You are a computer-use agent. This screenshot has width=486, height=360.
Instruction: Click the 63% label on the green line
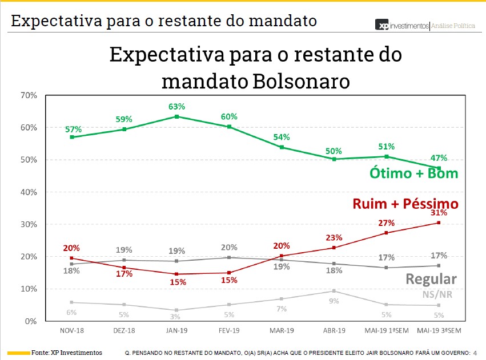click(x=176, y=107)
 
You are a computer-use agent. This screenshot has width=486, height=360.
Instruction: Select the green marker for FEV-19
click(x=229, y=127)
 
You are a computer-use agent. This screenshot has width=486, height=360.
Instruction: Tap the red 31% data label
click(x=439, y=213)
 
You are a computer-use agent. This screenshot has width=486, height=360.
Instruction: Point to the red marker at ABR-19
click(x=334, y=248)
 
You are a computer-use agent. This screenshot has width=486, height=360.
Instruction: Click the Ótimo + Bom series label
click(x=414, y=173)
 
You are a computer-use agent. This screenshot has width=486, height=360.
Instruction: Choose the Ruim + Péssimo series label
click(x=405, y=204)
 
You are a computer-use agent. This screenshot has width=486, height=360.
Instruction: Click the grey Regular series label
click(x=431, y=279)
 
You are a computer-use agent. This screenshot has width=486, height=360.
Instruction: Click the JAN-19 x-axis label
click(x=176, y=331)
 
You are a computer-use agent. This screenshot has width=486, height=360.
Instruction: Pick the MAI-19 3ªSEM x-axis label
click(x=439, y=331)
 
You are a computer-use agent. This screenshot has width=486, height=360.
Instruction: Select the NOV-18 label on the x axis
click(x=71, y=331)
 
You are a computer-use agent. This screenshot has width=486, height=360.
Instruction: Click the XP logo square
click(x=381, y=25)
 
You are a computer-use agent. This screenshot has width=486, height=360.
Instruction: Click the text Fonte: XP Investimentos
click(x=67, y=353)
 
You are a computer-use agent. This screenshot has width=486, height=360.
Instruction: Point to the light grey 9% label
click(x=334, y=301)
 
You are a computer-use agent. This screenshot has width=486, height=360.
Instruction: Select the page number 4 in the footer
click(x=475, y=353)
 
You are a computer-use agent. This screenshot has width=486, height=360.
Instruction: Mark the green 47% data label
click(x=439, y=158)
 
